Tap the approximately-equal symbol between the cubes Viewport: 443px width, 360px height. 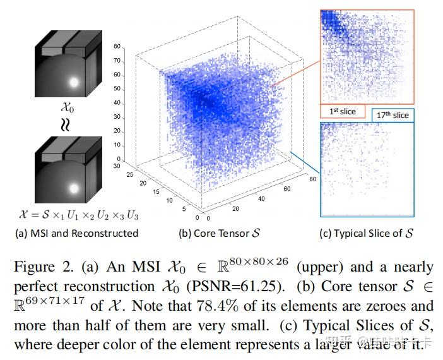66,124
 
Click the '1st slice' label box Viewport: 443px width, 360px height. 343,112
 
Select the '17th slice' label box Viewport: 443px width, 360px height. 392,115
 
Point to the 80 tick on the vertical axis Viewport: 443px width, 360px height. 117,47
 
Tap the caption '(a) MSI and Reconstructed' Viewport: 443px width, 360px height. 76,233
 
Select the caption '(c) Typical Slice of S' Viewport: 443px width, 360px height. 367,233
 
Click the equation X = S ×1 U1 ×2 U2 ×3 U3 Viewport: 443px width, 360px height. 76,215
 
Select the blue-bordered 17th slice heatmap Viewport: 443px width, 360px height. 366,169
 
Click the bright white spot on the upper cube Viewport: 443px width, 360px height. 74,82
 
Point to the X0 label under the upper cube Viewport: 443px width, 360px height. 66,107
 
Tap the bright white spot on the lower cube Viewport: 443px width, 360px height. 74,188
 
